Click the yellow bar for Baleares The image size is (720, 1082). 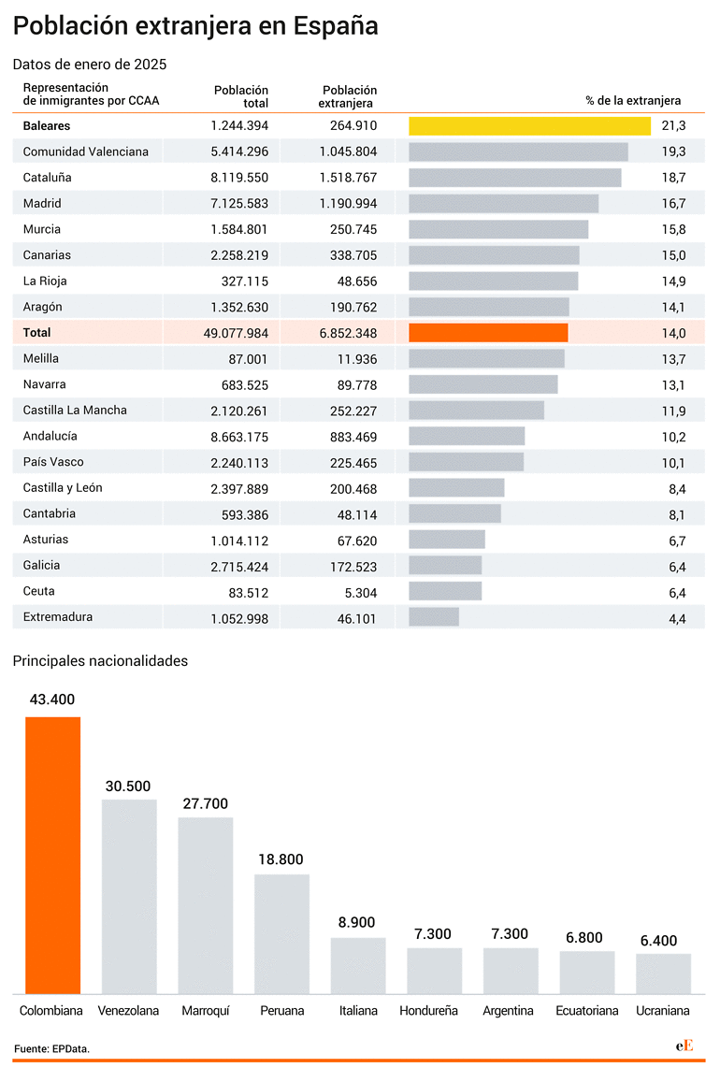[529, 125]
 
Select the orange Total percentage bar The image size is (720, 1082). [488, 333]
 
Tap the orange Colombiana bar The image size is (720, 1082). [53, 856]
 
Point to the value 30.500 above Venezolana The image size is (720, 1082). [128, 786]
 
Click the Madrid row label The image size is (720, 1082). [42, 204]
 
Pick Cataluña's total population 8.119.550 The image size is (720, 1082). [239, 178]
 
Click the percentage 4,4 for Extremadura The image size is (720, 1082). [677, 619]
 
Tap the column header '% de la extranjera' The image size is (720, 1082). [633, 101]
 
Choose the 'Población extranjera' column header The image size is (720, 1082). [348, 96]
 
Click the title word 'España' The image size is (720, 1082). [336, 26]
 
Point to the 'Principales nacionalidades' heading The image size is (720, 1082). [100, 661]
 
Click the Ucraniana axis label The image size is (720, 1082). [663, 1011]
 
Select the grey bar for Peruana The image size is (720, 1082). [282, 934]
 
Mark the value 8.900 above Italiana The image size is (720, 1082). [356, 923]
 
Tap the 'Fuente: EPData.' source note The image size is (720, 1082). [51, 1049]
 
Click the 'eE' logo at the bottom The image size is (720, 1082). [684, 1046]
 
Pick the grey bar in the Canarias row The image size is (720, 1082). [494, 255]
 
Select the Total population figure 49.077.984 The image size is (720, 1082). [236, 333]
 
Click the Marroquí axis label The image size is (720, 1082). [206, 1011]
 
